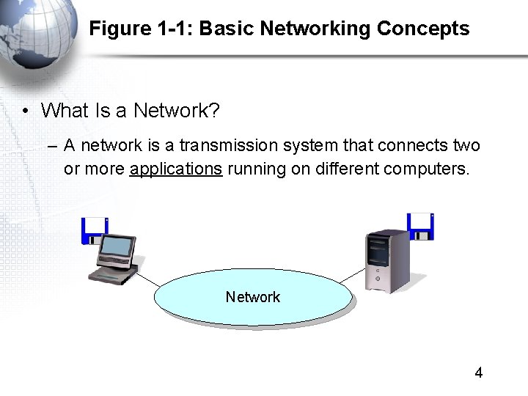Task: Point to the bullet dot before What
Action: point(25,111)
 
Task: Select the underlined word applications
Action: point(176,169)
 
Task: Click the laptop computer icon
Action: point(115,258)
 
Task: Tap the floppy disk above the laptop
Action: point(95,230)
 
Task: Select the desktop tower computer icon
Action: point(387,260)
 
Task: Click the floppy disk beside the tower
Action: point(421,227)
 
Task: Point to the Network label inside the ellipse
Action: point(253,297)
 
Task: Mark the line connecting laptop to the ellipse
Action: point(147,279)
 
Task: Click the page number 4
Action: point(479,373)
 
